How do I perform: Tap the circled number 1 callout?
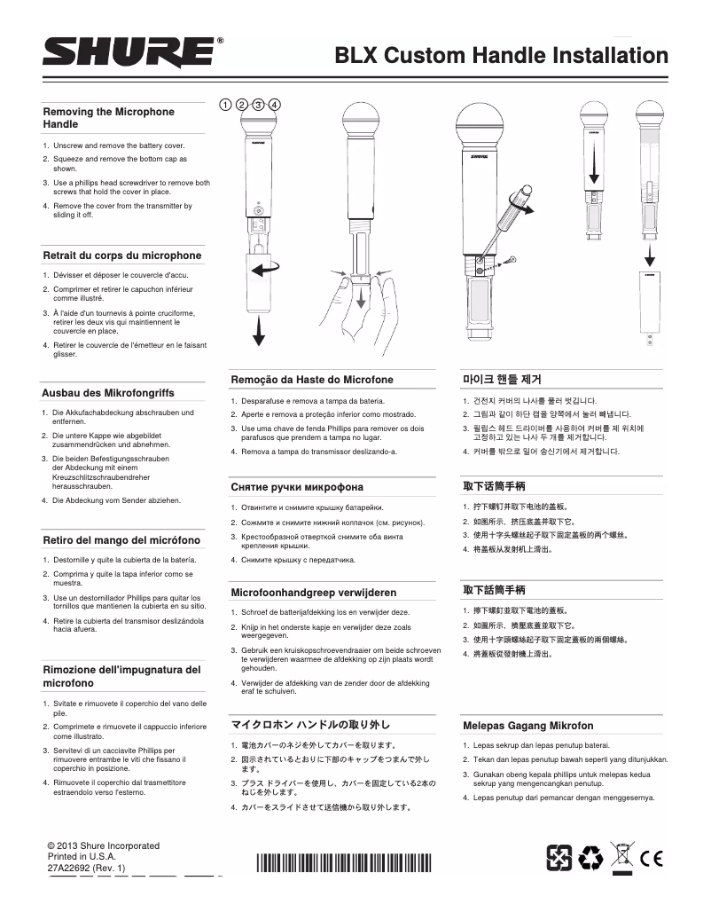(226, 104)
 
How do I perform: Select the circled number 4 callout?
(275, 104)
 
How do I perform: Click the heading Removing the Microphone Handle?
(109, 118)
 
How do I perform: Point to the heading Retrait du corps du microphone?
(122, 256)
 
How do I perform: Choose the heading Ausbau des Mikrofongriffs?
(108, 392)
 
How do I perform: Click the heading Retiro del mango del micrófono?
(121, 539)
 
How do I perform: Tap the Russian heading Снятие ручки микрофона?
(297, 487)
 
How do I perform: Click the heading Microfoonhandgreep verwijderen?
(313, 592)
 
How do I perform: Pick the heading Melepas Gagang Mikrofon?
(527, 725)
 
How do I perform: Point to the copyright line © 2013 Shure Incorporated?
(103, 845)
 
